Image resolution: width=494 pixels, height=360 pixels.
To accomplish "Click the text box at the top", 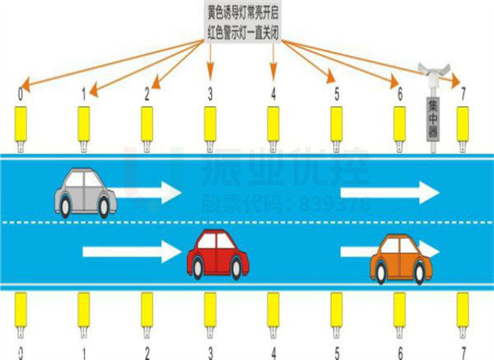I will (242, 22).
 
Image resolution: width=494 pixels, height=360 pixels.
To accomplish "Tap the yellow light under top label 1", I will (83, 126).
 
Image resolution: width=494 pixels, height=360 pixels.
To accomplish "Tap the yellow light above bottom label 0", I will (20, 311).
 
